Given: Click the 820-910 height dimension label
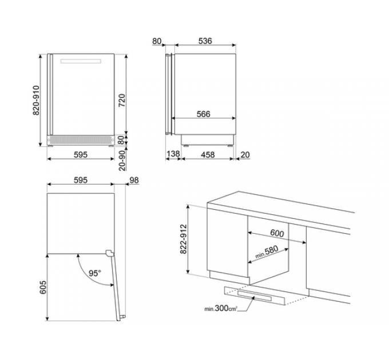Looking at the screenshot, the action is click(x=36, y=101).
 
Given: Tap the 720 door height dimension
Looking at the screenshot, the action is click(x=122, y=101).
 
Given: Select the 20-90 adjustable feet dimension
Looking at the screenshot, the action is click(x=122, y=161).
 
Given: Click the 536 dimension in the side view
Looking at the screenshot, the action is click(x=205, y=41).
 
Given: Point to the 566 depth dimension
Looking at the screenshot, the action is click(x=204, y=114).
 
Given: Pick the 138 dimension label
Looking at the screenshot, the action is click(x=173, y=154).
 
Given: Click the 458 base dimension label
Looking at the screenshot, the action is click(x=208, y=155).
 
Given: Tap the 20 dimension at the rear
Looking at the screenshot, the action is click(x=245, y=155).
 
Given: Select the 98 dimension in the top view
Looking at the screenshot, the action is click(x=134, y=181).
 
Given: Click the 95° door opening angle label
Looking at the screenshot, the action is click(x=95, y=273).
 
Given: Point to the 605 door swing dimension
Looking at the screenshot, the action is click(x=43, y=287).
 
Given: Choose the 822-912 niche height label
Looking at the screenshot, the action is click(x=183, y=239).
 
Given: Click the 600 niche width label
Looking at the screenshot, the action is click(x=277, y=233).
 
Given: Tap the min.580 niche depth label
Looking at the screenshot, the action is click(x=267, y=252).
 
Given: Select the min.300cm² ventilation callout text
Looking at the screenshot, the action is click(x=221, y=309).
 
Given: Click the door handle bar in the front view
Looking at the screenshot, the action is click(x=81, y=61).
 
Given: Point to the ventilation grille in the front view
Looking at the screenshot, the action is click(x=81, y=140).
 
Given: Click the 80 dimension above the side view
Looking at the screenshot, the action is click(x=157, y=41).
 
